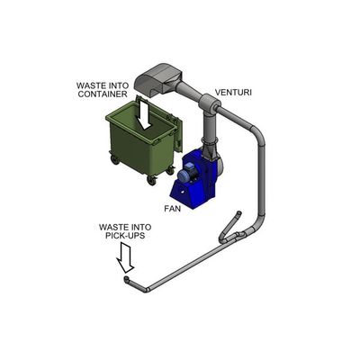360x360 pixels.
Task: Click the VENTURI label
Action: (233, 93)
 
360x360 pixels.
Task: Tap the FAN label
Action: (173, 209)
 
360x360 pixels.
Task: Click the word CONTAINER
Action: (103, 94)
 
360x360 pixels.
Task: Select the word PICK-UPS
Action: (125, 236)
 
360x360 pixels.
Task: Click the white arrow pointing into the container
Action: (145, 114)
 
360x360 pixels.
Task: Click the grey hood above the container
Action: (158, 79)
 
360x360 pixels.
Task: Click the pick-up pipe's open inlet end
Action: (127, 279)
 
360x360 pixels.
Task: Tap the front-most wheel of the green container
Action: (151, 181)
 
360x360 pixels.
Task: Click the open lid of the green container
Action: (176, 132)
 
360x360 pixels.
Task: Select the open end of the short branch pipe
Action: (238, 213)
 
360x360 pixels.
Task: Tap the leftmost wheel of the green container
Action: (114, 159)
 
